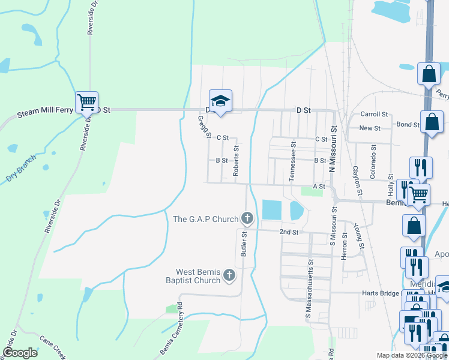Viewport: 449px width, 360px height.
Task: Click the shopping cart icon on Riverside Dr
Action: click(86, 101)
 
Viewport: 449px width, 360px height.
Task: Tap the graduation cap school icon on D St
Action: click(220, 100)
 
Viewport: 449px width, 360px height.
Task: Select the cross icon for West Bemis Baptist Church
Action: click(229, 275)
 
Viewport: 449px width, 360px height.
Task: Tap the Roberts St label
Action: click(236, 161)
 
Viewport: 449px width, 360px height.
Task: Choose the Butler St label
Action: click(244, 243)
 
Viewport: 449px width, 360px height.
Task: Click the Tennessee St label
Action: click(293, 161)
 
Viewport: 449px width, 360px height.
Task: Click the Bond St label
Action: click(408, 124)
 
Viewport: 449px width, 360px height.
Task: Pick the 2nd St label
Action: click(289, 232)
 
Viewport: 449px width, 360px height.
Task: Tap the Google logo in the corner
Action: click(20, 353)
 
